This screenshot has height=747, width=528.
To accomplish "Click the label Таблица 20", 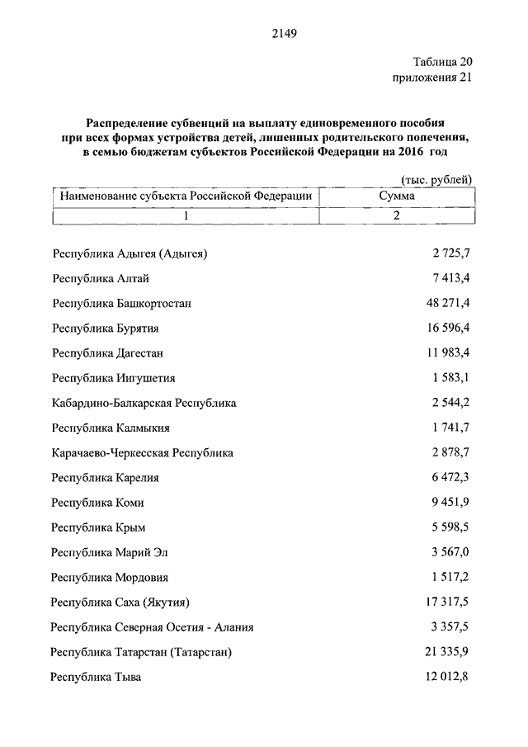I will point(442,62).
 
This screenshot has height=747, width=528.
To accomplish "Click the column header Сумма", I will point(396,196).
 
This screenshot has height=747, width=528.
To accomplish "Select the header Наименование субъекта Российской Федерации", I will point(186,196).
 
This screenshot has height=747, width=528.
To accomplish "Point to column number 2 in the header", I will point(396,215).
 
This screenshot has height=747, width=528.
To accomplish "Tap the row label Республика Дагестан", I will point(107,353).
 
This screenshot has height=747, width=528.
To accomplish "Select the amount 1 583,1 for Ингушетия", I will point(450,378).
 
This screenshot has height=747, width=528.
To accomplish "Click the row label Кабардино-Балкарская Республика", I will point(144,403).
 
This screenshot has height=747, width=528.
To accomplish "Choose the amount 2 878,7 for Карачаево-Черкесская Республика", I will point(450,452).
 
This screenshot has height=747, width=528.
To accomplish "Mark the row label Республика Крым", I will point(97,527).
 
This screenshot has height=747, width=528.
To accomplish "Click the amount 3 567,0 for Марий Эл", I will point(450,552).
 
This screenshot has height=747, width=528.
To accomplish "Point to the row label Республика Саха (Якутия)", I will point(125,603).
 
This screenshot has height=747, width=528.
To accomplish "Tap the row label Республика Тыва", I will point(96,678).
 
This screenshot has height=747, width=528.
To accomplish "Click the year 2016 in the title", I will point(413,154).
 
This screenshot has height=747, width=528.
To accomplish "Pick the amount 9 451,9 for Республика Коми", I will point(450,503).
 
